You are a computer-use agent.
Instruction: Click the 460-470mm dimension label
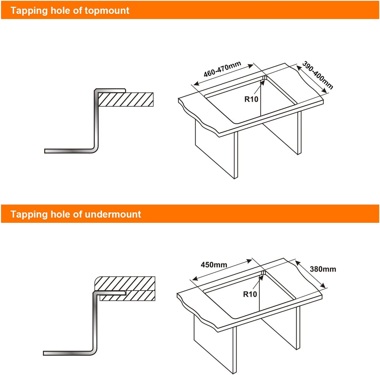coord(222,69)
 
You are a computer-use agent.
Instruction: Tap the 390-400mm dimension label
coord(318,75)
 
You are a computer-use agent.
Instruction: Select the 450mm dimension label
coord(214,265)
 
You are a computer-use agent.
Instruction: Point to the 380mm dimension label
coord(323,269)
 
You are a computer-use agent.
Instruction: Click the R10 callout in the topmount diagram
coord(251,99)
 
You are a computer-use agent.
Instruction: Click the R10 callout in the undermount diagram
coord(250,294)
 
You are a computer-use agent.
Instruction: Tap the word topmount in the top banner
coord(107,11)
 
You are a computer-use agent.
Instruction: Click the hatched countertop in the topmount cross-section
coord(126,100)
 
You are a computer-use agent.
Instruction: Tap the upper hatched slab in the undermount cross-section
coord(125,284)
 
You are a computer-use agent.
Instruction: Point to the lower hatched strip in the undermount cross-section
coord(128,296)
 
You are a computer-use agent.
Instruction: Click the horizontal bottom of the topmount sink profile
coord(69,151)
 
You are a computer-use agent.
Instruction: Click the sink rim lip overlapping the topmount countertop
coord(110,90)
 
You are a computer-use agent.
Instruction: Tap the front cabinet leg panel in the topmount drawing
coord(216,150)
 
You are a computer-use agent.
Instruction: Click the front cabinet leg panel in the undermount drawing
coord(215,344)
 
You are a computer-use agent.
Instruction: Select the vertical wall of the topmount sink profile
coord(96,120)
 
